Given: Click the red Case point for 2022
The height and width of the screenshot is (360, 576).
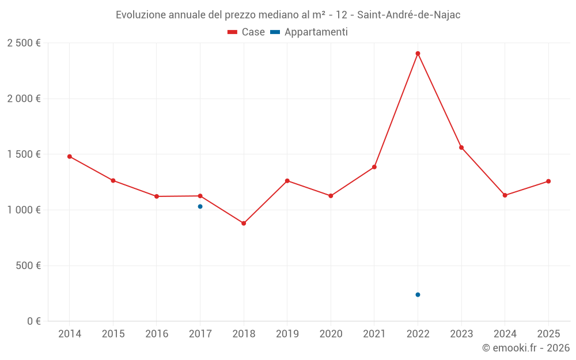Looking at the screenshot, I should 418,54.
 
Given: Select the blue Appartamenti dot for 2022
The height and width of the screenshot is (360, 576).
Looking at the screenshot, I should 418,294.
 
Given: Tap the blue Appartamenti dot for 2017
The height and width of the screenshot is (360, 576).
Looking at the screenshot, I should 200,206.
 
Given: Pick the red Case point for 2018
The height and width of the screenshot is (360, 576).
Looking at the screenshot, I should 244,223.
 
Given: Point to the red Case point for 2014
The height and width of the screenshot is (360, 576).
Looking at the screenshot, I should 70,156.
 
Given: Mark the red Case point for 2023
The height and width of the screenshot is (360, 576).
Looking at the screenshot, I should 461,147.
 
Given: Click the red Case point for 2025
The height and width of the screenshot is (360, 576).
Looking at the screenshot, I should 548,181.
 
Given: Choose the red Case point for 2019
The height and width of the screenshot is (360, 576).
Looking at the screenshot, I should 287,181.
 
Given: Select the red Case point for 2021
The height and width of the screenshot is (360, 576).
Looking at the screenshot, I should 374,167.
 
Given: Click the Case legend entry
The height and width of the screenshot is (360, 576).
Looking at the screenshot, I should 246,32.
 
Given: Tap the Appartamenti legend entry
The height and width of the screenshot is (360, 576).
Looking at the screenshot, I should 309,32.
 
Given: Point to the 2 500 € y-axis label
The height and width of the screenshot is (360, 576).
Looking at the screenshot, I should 24,43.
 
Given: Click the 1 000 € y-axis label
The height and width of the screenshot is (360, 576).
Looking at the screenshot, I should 24,210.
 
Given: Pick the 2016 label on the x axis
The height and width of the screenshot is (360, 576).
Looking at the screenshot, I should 157,334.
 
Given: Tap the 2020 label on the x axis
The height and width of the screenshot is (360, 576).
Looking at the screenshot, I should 331,334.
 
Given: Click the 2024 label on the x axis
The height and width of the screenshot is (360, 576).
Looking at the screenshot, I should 505,334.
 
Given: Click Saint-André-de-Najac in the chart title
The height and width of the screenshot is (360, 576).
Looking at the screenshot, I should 409,15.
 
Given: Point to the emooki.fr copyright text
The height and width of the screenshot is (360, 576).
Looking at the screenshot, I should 526,348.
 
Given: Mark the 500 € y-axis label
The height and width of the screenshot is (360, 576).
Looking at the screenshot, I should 28,266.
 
